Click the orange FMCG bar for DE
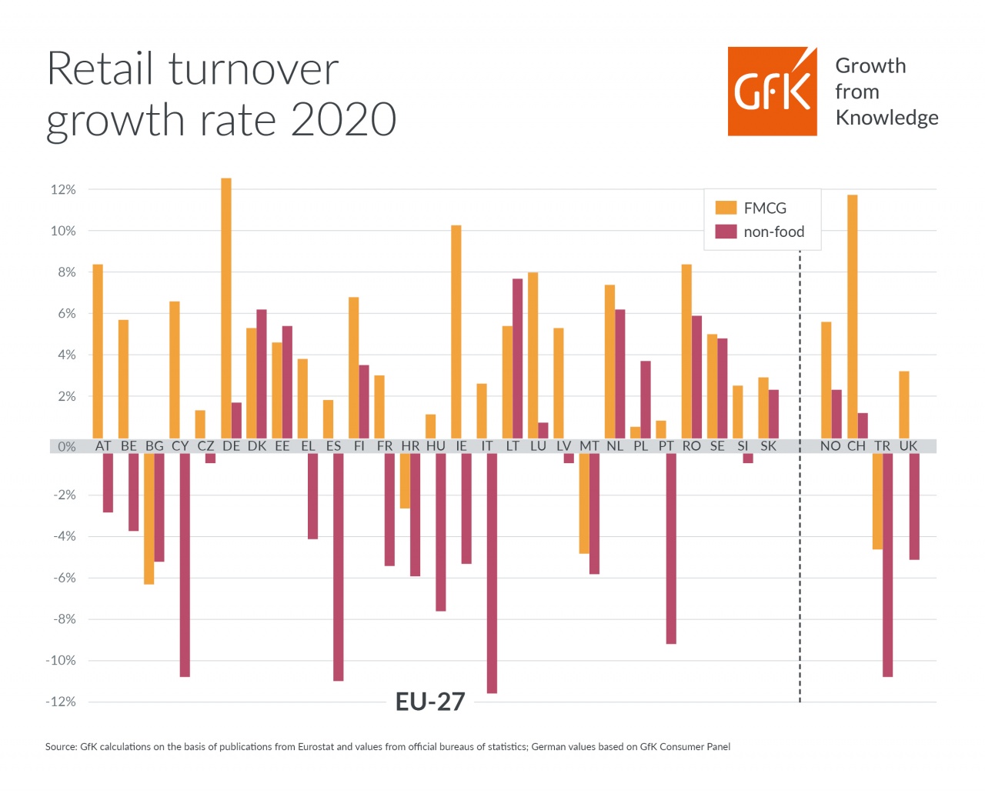(226, 308)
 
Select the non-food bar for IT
(492, 573)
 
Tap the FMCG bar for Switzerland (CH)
(853, 316)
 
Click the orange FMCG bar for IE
(456, 332)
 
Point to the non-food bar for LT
(518, 358)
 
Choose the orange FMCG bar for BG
(149, 519)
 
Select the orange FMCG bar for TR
(877, 501)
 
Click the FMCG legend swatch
(726, 208)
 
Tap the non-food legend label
(773, 232)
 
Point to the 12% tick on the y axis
(63, 189)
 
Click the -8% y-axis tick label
(63, 619)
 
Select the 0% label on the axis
(67, 446)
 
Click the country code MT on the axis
(589, 446)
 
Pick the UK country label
(908, 446)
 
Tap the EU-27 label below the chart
(430, 702)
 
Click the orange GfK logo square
(772, 92)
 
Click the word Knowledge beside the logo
(886, 118)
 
